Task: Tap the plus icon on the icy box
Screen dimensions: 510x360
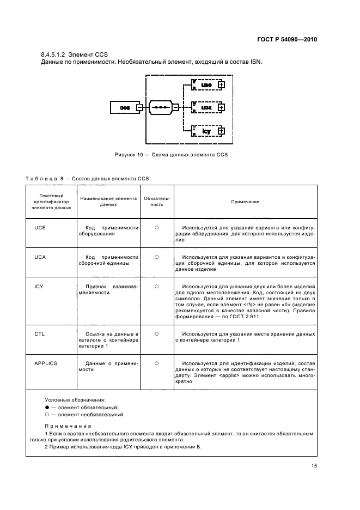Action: pos(221,131)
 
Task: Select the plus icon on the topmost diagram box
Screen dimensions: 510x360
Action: pos(221,85)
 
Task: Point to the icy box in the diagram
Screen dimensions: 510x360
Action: pos(207,131)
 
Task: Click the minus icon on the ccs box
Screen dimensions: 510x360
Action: pos(139,108)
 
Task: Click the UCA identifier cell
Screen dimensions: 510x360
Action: pos(39,256)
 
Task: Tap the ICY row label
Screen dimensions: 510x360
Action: pos(39,286)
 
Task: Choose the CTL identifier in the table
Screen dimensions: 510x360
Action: pos(39,333)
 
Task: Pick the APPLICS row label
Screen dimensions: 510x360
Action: pos(45,362)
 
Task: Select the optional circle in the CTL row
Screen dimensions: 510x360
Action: pos(156,333)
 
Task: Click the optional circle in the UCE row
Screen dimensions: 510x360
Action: pos(156,227)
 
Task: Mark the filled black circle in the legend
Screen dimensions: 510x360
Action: pos(47,407)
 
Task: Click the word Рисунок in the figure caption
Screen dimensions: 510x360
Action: pos(126,155)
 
